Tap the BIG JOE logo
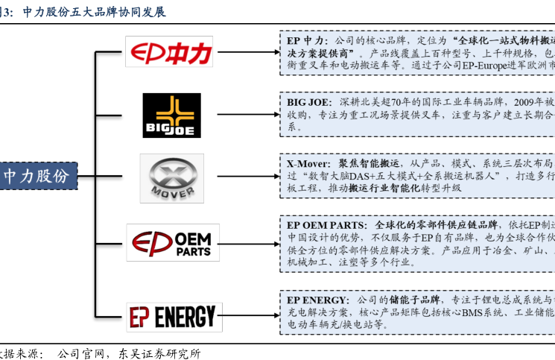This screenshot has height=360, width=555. (171, 116)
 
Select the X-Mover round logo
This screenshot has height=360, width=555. (171, 179)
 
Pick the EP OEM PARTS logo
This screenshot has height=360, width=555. (172, 242)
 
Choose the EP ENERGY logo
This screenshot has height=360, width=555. (172, 316)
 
